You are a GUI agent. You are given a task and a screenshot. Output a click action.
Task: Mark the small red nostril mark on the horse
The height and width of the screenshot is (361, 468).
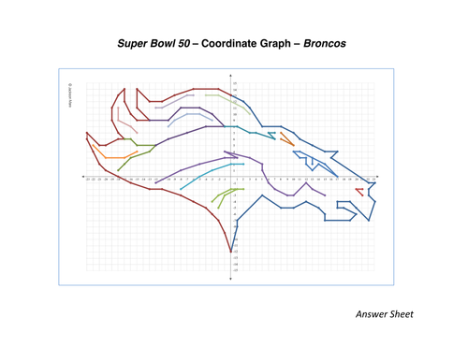[x=359, y=191]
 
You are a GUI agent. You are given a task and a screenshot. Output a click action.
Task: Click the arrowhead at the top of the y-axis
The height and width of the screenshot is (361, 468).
[x=231, y=76]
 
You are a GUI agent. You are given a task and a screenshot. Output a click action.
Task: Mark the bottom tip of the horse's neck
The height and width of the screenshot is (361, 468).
[x=231, y=252]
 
